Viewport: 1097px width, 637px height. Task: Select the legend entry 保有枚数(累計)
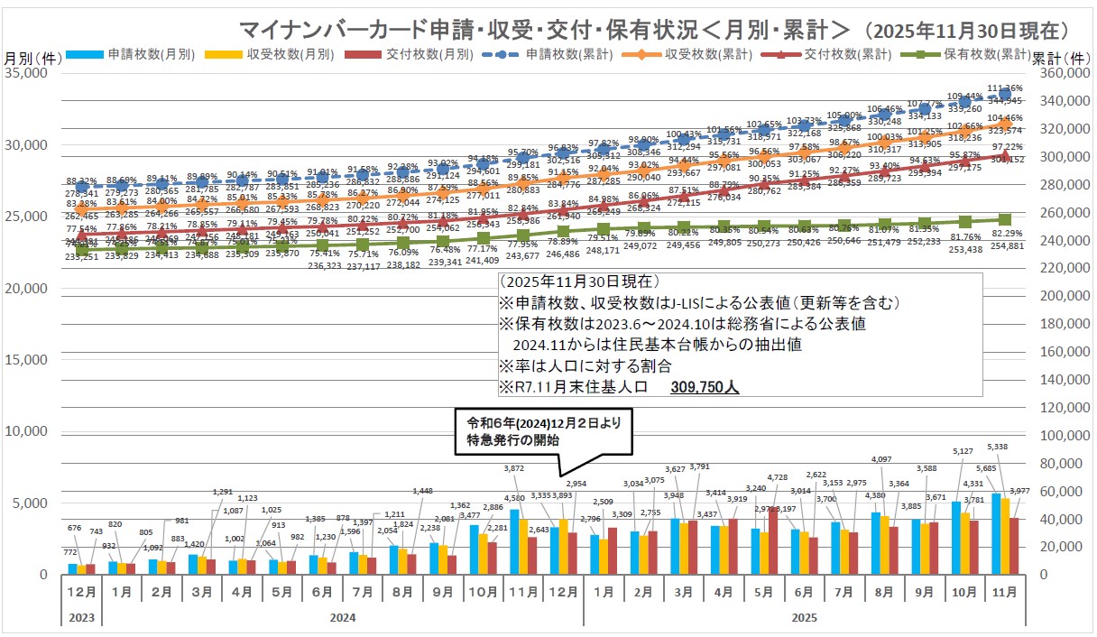(984, 53)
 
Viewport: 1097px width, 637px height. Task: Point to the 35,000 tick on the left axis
(32, 74)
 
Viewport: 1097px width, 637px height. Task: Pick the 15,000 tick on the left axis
(32, 360)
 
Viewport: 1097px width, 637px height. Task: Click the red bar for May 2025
(773, 540)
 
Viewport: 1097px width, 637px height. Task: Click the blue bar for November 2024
(514, 541)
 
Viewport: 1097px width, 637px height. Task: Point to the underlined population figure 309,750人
(705, 387)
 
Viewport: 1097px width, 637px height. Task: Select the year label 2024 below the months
(342, 617)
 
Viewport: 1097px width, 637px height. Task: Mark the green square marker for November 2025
(1005, 219)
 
